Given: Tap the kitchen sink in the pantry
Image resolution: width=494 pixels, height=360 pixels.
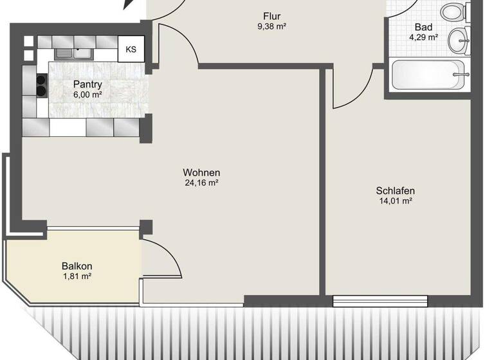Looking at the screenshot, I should click(73, 53).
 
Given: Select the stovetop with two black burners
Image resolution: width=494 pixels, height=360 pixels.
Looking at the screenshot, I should click(41, 85).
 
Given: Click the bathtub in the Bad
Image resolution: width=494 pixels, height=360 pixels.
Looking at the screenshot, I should click(426, 76).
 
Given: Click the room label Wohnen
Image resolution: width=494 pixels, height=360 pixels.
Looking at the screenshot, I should click(201, 172).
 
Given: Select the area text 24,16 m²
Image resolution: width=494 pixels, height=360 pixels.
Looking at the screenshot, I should click(201, 183).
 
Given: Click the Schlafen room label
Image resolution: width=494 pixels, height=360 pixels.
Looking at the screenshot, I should click(395, 190).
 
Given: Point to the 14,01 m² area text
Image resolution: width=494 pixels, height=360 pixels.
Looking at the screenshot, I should click(395, 201).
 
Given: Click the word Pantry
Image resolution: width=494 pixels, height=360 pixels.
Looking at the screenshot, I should click(87, 84).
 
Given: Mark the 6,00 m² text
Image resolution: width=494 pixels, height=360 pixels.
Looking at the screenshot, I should click(87, 94).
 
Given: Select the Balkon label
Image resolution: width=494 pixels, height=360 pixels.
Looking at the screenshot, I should click(77, 265).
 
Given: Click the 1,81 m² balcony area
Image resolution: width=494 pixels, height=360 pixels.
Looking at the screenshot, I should click(77, 276).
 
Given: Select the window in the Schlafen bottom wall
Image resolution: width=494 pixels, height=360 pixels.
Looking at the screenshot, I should click(380, 300).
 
